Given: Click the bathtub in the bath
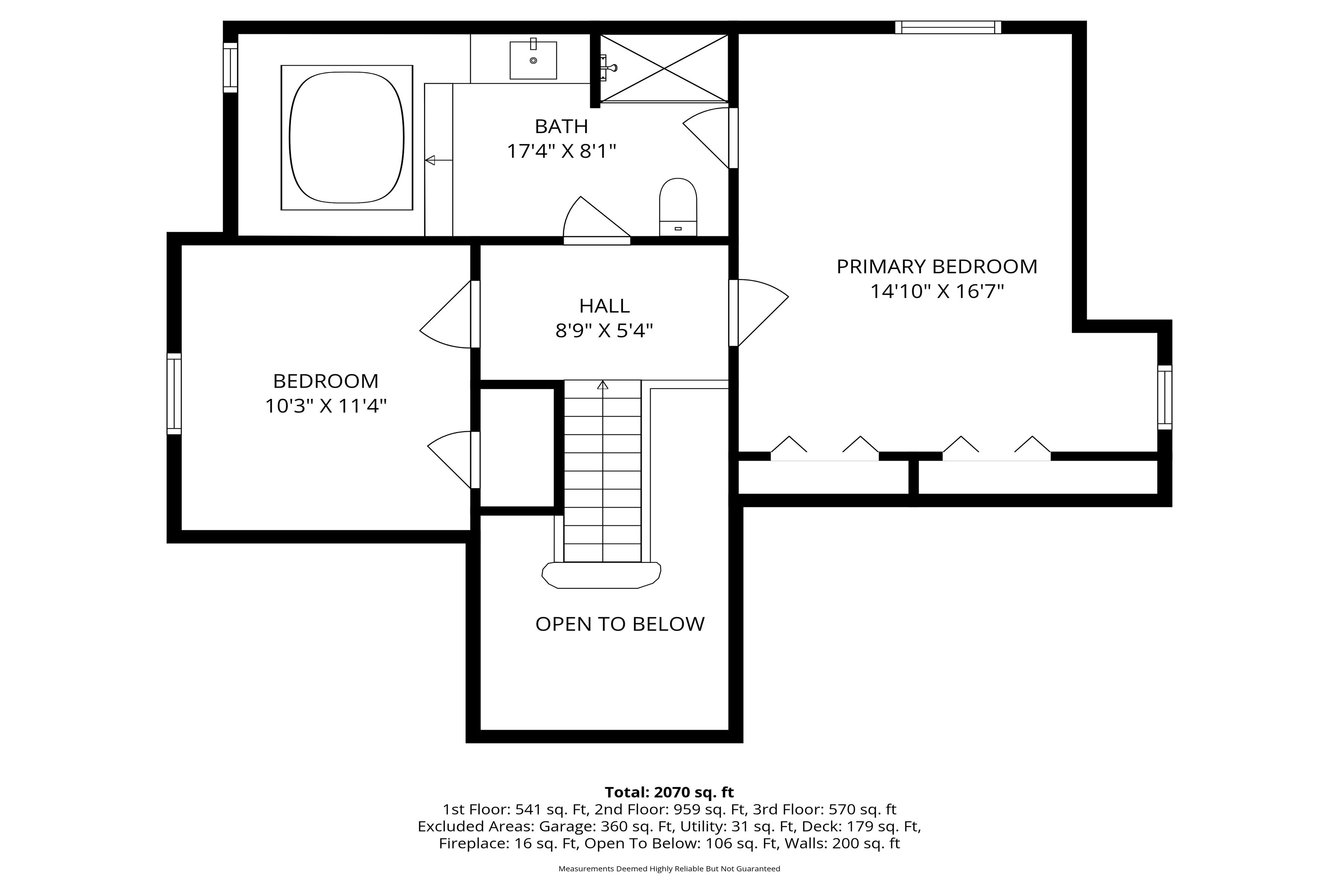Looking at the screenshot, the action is coord(347,137).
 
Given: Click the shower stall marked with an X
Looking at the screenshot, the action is coord(664,68).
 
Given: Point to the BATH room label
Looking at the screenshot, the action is coord(561,126).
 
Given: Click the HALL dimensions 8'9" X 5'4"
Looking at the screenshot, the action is coord(604,330).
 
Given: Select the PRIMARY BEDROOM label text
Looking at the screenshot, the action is coord(937,266).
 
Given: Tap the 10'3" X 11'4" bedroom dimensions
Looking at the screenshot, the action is coord(326,406).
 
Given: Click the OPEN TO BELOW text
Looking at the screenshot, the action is coord(620,624).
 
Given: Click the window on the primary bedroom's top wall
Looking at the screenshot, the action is coord(948,27).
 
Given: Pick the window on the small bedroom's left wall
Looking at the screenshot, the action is coord(174,394).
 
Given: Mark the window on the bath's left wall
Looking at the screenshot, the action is coord(230,67).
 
